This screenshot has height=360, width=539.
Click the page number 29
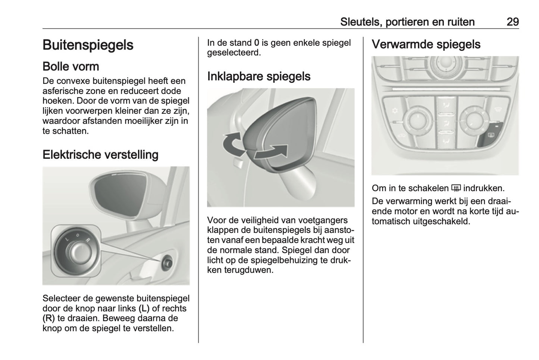[x=513, y=22]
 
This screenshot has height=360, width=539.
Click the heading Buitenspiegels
[x=88, y=45]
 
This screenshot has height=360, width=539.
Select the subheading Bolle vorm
[x=71, y=66]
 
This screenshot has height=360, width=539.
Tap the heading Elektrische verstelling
[x=100, y=154]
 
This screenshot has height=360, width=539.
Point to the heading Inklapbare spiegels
[x=259, y=76]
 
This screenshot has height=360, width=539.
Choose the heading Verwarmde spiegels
[x=426, y=44]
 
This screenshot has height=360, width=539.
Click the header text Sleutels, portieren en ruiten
[x=407, y=22]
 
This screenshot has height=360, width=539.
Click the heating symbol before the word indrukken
[x=456, y=188]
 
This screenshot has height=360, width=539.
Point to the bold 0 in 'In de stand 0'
[x=257, y=43]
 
